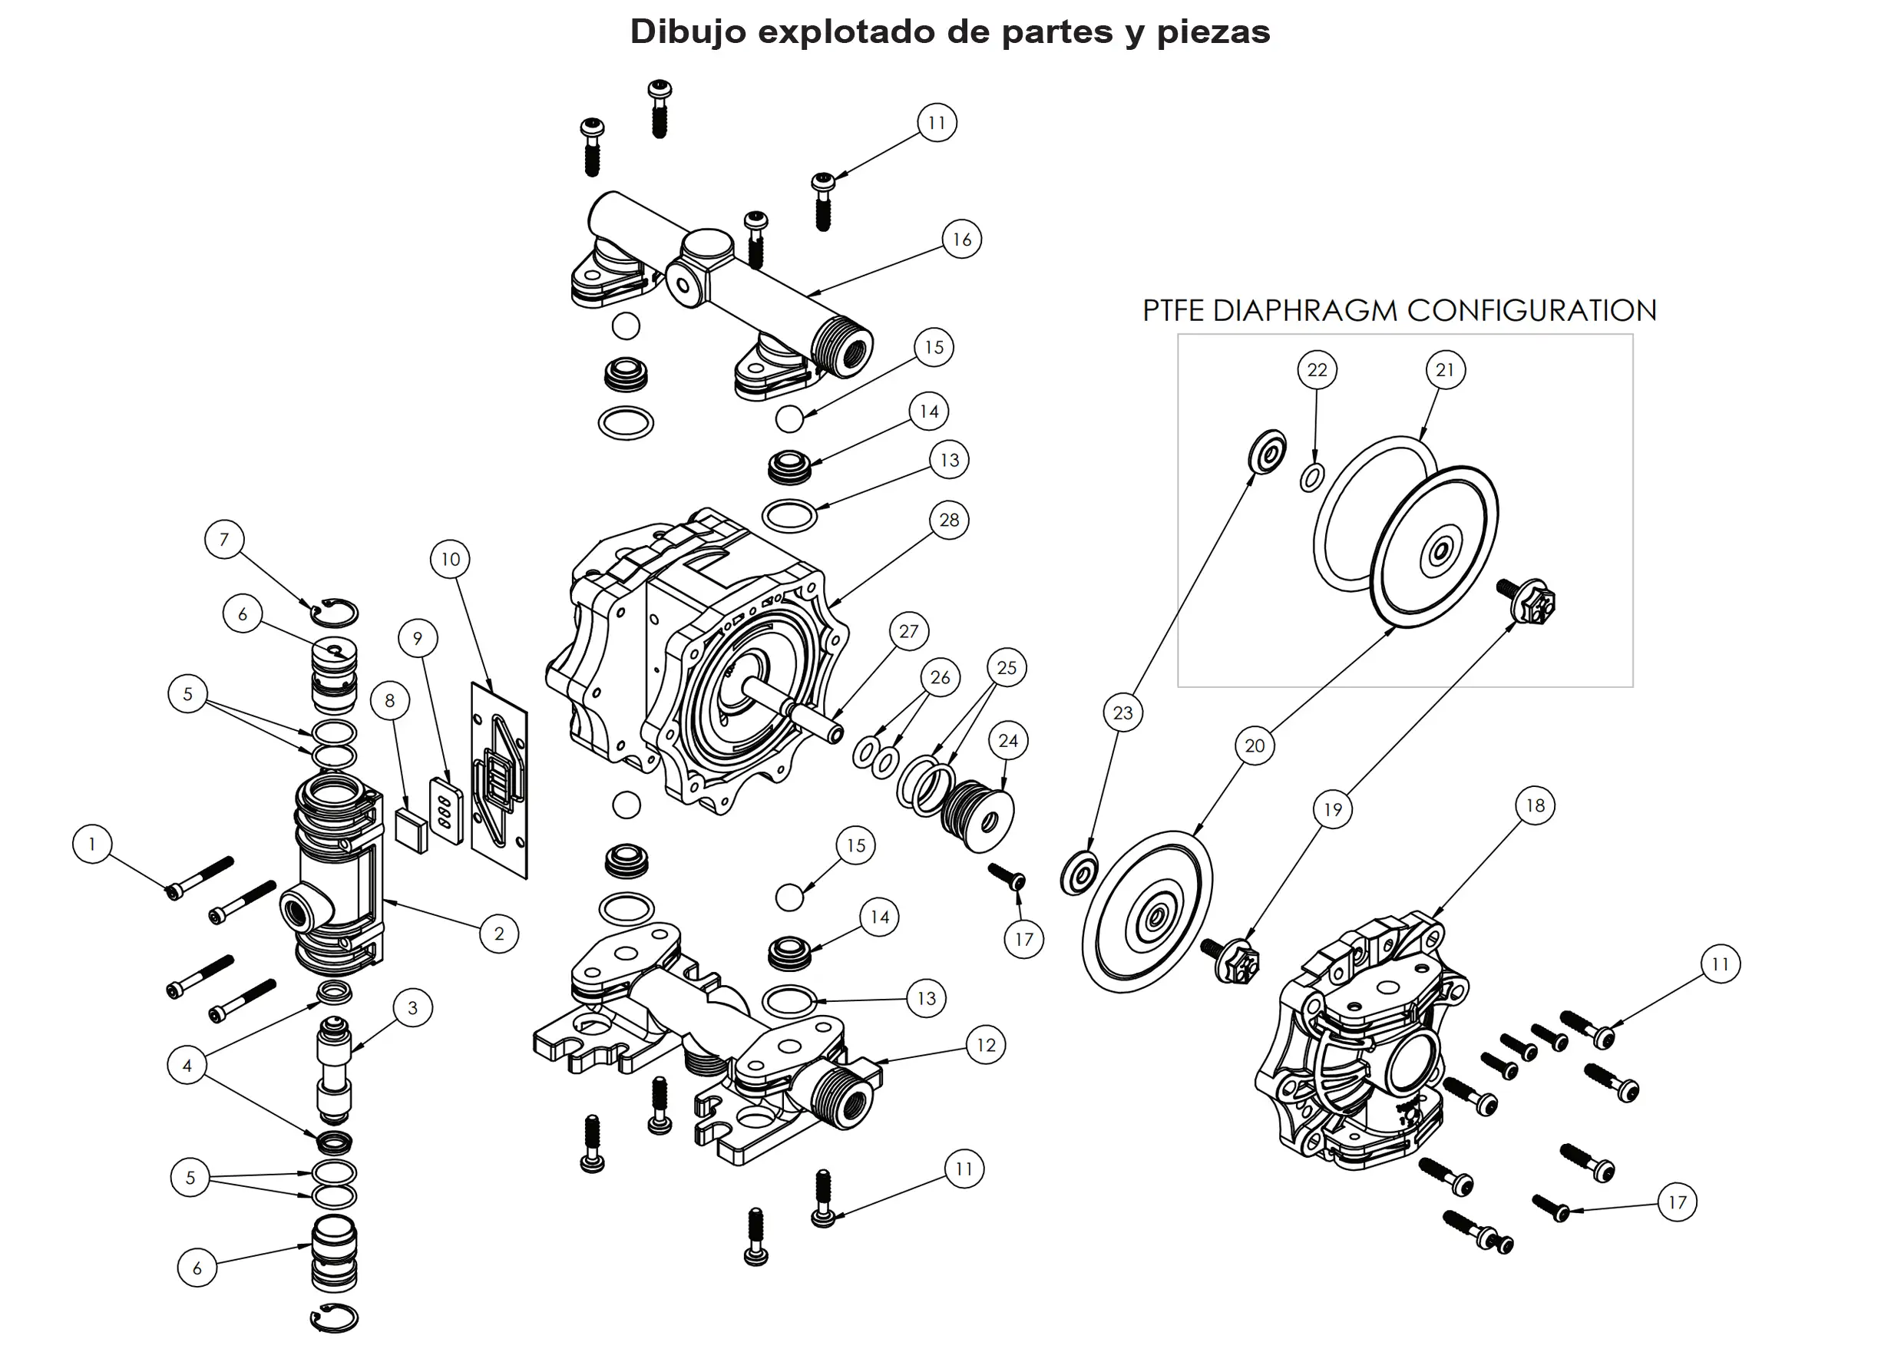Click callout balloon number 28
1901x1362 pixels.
[949, 520]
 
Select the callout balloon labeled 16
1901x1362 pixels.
[961, 240]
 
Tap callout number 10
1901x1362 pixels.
[450, 559]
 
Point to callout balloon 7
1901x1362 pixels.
[223, 539]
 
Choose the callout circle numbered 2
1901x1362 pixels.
[499, 934]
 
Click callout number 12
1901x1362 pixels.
[986, 1045]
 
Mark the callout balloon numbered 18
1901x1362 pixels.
[1535, 805]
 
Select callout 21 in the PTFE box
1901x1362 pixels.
[1445, 369]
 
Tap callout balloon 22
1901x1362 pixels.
[1317, 369]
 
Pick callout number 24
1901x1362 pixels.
[1007, 741]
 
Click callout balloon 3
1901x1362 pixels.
[412, 1007]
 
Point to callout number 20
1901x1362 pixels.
[1254, 746]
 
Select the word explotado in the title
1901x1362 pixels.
[846, 31]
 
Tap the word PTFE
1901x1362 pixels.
[1174, 311]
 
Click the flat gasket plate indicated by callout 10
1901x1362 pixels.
[500, 779]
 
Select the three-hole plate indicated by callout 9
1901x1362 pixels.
[446, 811]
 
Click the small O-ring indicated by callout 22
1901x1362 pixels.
[1312, 478]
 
